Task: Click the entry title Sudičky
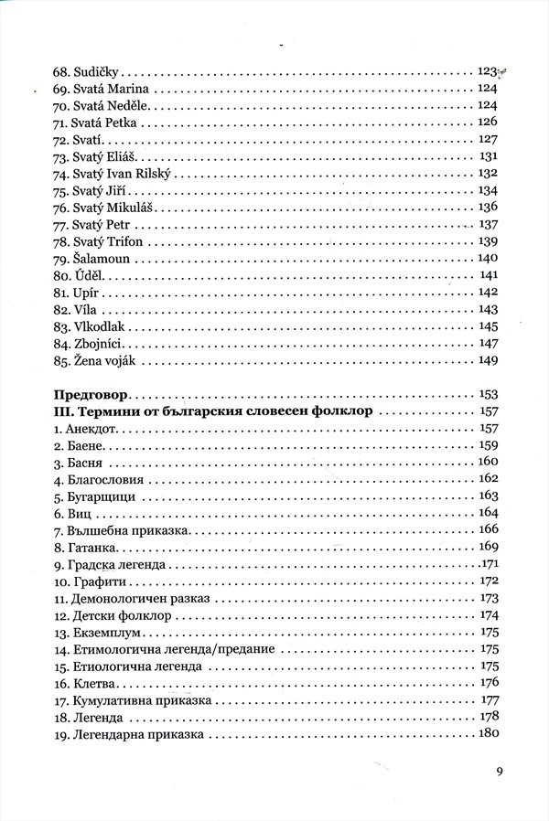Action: click(x=101, y=70)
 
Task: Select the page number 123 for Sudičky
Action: click(x=487, y=70)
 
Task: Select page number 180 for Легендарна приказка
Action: click(x=488, y=734)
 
